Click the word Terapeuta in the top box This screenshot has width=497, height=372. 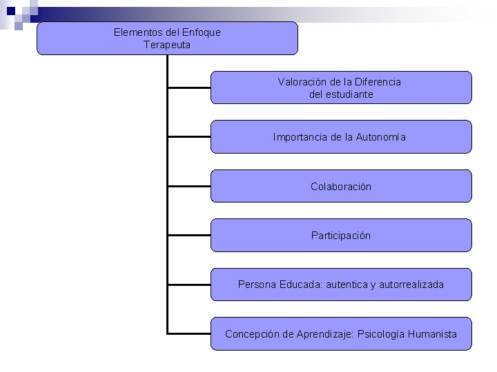(167, 45)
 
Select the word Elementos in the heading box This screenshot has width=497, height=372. (135, 32)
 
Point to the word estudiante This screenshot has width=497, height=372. (350, 94)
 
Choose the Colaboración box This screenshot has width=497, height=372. (341, 186)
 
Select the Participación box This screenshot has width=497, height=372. (341, 236)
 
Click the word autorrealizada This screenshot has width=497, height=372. (411, 284)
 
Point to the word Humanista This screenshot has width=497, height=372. (431, 333)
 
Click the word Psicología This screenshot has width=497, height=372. (380, 333)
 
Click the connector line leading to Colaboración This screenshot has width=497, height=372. (189, 186)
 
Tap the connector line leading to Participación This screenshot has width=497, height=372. (189, 236)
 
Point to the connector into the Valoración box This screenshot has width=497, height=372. (189, 87)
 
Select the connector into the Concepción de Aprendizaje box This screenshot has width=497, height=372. (189, 333)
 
